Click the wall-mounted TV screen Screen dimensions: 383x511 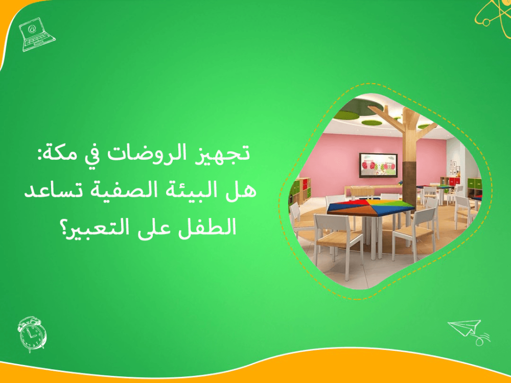pos(379,164)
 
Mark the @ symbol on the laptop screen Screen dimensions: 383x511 pos(33,29)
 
